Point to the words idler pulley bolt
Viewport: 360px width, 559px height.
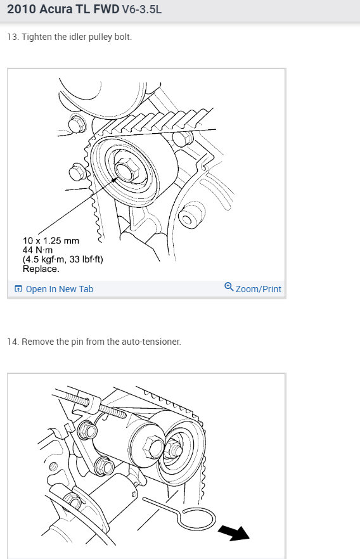[103, 37]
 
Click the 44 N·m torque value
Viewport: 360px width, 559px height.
[37, 250]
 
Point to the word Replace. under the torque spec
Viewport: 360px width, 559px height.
[41, 268]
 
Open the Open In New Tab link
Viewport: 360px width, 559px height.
[59, 289]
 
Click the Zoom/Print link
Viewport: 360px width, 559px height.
[258, 289]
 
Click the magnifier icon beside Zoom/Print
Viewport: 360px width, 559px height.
[229, 287]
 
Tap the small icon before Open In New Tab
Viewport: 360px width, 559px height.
[18, 289]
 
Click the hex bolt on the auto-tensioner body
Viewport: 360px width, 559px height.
[153, 447]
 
